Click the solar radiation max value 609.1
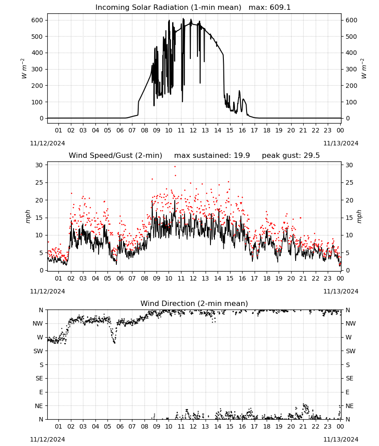(x=280, y=8)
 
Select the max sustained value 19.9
(x=242, y=156)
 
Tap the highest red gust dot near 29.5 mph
(x=175, y=167)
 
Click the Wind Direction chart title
(x=194, y=303)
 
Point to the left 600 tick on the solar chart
(x=37, y=20)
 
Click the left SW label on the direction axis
(x=38, y=351)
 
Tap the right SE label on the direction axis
(x=350, y=378)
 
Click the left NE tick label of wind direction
(x=39, y=406)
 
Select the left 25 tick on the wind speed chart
(x=40, y=182)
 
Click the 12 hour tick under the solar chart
(x=193, y=130)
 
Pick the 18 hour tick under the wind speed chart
(x=267, y=278)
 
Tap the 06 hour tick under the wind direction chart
(x=119, y=427)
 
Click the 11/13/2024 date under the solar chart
(x=341, y=143)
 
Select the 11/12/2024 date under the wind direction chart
(x=47, y=439)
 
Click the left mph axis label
(x=28, y=216)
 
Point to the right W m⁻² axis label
(x=364, y=69)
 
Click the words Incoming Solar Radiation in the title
(x=142, y=8)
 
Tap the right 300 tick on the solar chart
(x=351, y=69)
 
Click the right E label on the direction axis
(x=347, y=392)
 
